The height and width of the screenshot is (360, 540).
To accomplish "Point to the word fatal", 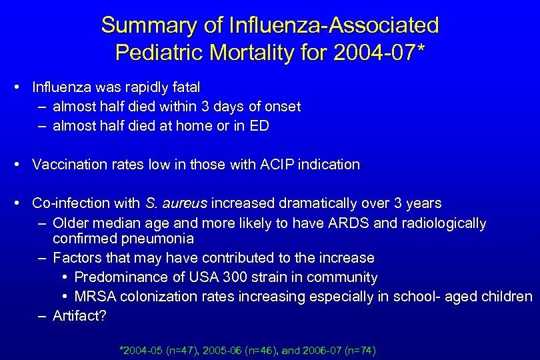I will click(x=187, y=87).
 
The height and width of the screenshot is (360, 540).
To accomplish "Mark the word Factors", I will click(x=77, y=258).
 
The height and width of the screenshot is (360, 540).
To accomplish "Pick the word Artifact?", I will click(x=79, y=316).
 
